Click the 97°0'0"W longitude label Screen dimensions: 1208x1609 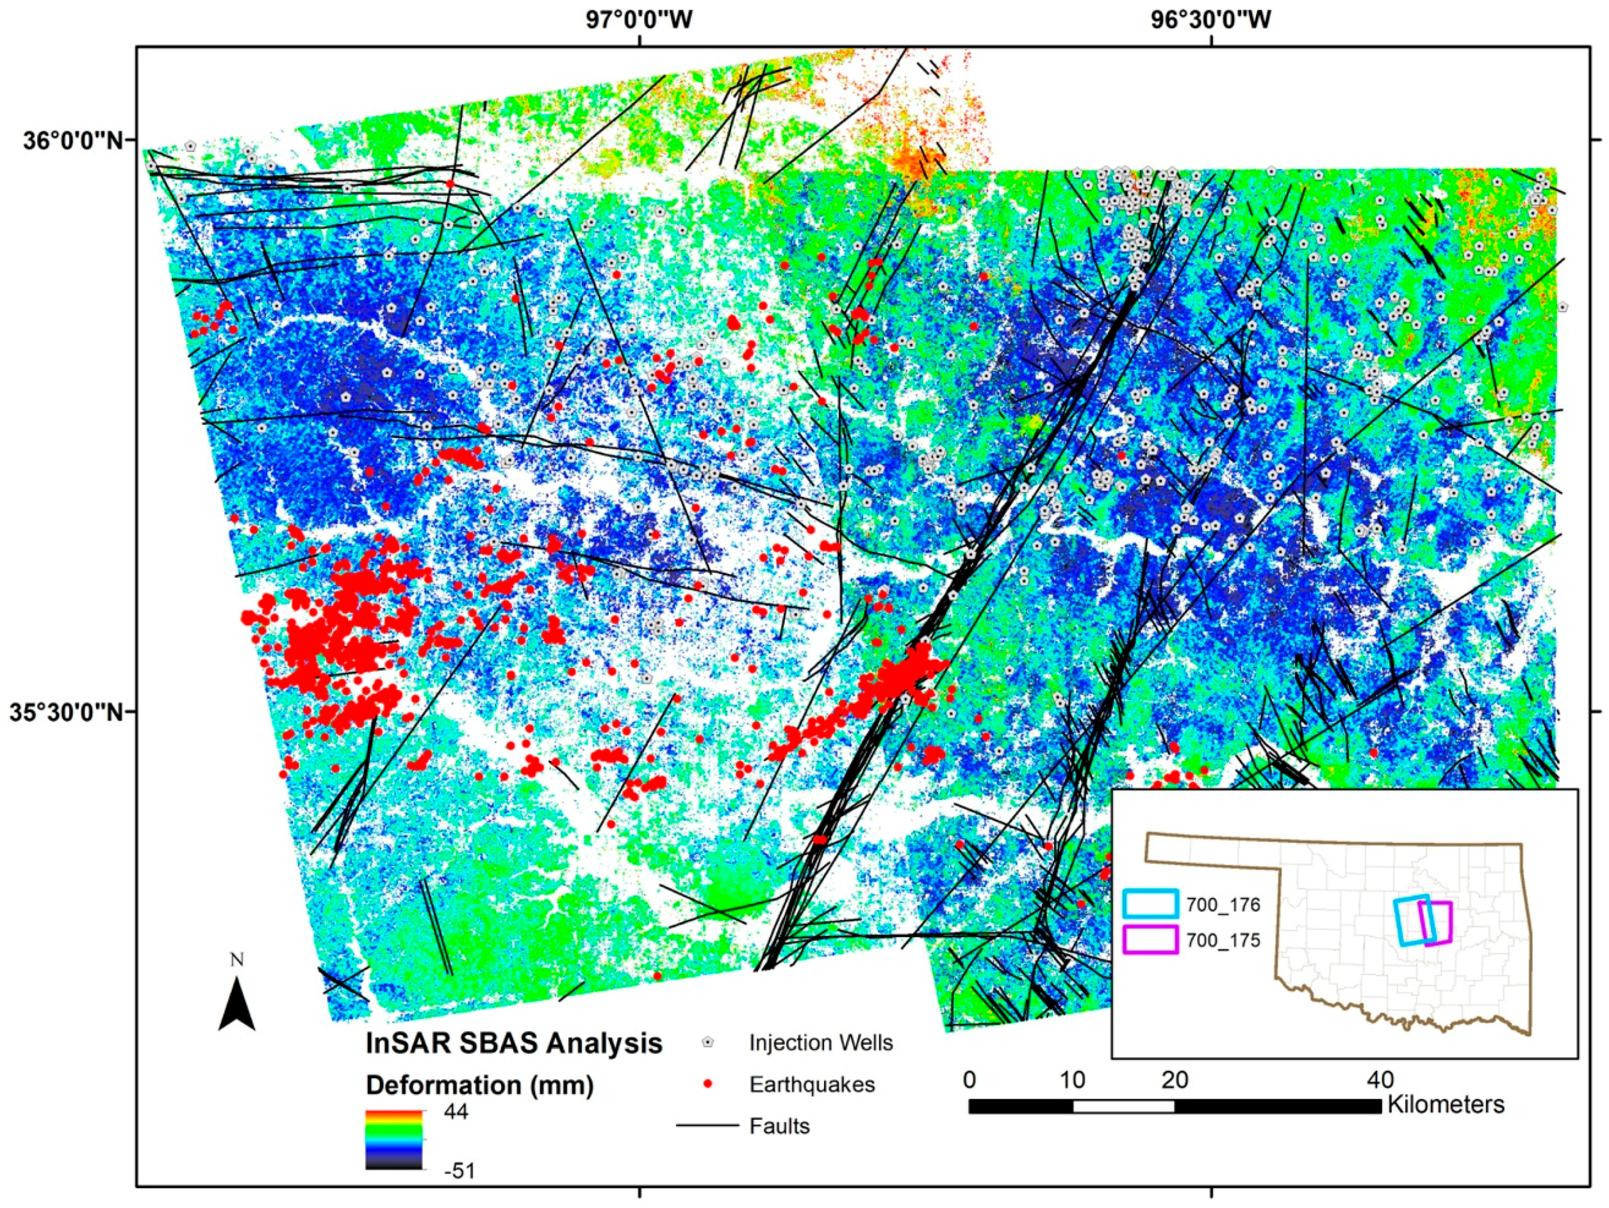[x=639, y=20]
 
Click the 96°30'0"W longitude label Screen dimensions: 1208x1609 [x=1210, y=20]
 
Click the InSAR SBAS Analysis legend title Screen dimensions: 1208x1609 [x=513, y=1043]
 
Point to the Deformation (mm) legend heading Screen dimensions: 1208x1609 [x=479, y=1085]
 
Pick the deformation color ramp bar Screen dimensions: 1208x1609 [x=393, y=1139]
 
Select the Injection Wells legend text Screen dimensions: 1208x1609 [x=820, y=1043]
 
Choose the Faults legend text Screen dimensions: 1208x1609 [x=779, y=1127]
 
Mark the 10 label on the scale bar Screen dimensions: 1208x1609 [x=1072, y=1079]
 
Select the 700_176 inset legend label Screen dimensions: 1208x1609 [x=1223, y=906]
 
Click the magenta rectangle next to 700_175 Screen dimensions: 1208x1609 [x=1150, y=940]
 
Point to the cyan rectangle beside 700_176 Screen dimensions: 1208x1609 [x=1150, y=903]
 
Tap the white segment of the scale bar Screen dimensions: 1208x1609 [x=1123, y=1106]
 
